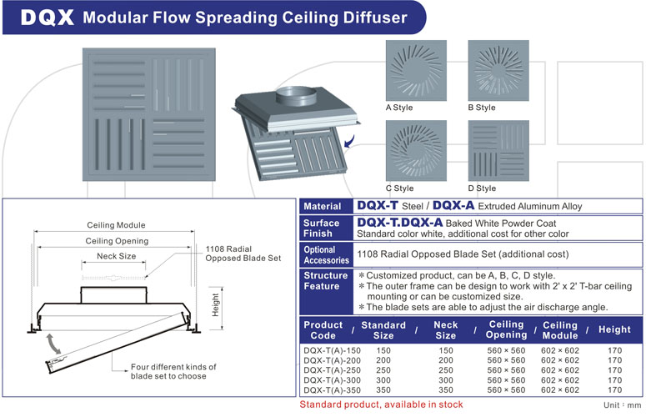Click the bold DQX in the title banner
[47, 18]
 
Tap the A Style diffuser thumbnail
[416, 70]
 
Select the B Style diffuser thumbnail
[498, 70]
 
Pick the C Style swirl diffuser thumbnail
[416, 151]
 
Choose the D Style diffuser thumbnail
[498, 151]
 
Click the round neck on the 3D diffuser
[296, 97]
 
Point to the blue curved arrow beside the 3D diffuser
[350, 141]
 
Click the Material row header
[323, 207]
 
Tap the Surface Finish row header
[322, 229]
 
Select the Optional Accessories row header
[326, 254]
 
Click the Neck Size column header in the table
[446, 330]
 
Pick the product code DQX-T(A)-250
[332, 370]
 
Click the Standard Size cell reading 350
[383, 390]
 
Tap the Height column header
[614, 329]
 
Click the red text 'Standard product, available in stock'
[381, 404]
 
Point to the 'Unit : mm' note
[623, 405]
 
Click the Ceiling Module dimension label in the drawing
[116, 225]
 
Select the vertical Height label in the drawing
[215, 305]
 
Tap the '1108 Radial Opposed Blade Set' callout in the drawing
[243, 254]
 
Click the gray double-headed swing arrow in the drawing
[53, 344]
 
